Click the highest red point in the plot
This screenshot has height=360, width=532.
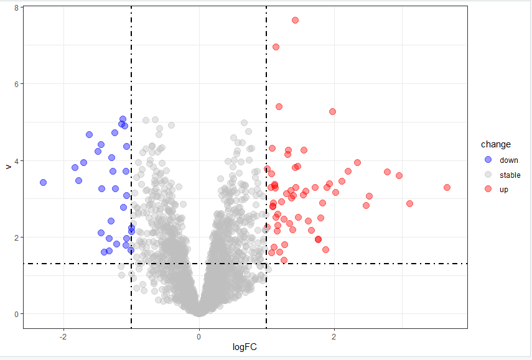coord(295,20)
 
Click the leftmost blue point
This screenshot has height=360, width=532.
coord(43,182)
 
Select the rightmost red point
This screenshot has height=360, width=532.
coord(447,187)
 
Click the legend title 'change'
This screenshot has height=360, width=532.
coord(500,145)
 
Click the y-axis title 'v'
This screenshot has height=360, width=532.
coord(7,166)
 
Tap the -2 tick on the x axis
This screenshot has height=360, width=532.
coord(63,336)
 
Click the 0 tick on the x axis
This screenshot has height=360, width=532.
coord(199,336)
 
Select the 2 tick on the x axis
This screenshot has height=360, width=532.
coord(334,336)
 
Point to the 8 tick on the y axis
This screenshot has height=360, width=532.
coord(17,7)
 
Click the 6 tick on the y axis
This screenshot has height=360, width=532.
coord(17,84)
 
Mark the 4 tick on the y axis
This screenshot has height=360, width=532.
coord(17,160)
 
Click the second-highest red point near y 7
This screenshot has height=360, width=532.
coord(276,47)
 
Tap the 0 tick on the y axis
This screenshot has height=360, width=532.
coord(17,314)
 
